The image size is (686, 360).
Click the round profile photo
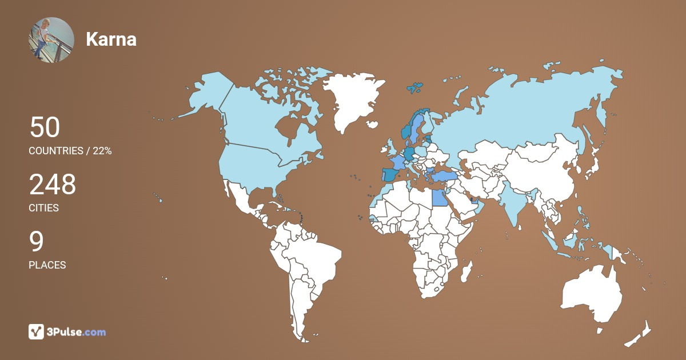tap(51, 39)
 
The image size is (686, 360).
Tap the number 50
tap(45, 127)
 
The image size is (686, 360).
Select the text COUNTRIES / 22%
tap(70, 151)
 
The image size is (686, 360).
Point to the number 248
tap(53, 185)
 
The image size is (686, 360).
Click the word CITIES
tap(44, 208)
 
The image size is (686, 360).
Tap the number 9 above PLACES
tap(36, 242)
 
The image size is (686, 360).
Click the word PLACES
tap(47, 265)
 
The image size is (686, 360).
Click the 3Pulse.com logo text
tap(77, 331)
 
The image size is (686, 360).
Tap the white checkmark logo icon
tap(37, 331)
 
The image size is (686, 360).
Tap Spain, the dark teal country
tap(390, 174)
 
